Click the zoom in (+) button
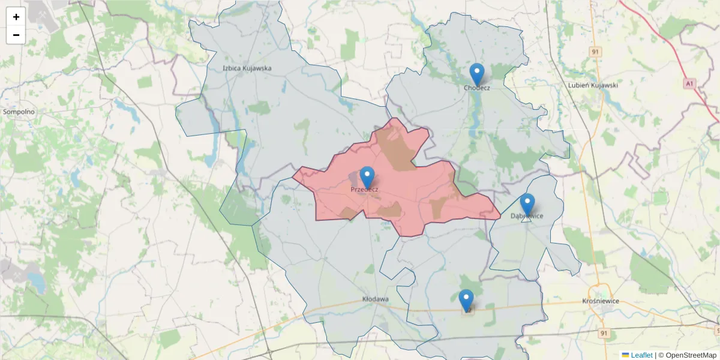pos(16,17)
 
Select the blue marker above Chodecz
pos(476,75)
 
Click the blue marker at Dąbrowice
pos(527,205)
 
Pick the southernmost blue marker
pos(466,301)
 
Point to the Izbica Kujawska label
pos(247,68)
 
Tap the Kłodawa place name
pos(376,299)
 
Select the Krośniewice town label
pos(601,301)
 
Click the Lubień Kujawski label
pos(593,85)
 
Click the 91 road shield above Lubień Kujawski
pos(595,52)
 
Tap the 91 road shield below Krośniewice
pos(604,332)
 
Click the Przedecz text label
pos(364,190)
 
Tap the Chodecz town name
pos(477,88)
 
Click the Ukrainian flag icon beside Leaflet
pos(625,355)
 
